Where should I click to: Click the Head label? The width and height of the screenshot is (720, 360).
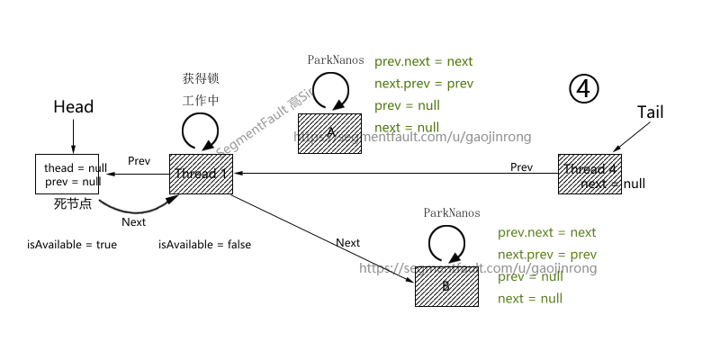[x=73, y=107]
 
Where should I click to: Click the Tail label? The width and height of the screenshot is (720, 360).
[x=650, y=112]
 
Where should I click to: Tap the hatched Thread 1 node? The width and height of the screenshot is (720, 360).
[x=201, y=174]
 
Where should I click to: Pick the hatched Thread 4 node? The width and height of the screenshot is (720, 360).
[x=589, y=174]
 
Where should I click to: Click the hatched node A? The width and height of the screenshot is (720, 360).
[x=329, y=133]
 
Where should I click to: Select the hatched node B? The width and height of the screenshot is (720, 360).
[x=445, y=285]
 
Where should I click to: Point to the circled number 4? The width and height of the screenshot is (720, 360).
[x=583, y=88]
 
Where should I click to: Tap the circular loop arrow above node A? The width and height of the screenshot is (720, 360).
[x=330, y=91]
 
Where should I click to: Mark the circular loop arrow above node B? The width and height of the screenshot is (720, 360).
[x=445, y=242]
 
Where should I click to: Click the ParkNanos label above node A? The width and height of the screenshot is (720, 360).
[x=336, y=60]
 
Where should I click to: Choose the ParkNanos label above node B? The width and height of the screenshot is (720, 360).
[x=452, y=213]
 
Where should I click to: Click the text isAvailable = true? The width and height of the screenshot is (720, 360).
[x=72, y=244]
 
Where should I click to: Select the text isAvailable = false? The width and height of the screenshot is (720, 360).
[x=204, y=244]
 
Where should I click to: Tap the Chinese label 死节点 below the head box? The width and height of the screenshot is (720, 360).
[x=73, y=204]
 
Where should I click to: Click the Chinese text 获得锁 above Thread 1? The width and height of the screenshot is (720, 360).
[x=201, y=79]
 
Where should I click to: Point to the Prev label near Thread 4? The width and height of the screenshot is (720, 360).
[x=521, y=167]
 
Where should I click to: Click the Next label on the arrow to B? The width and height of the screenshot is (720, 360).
[x=347, y=243]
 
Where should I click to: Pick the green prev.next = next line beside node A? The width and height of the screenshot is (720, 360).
[x=423, y=62]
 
